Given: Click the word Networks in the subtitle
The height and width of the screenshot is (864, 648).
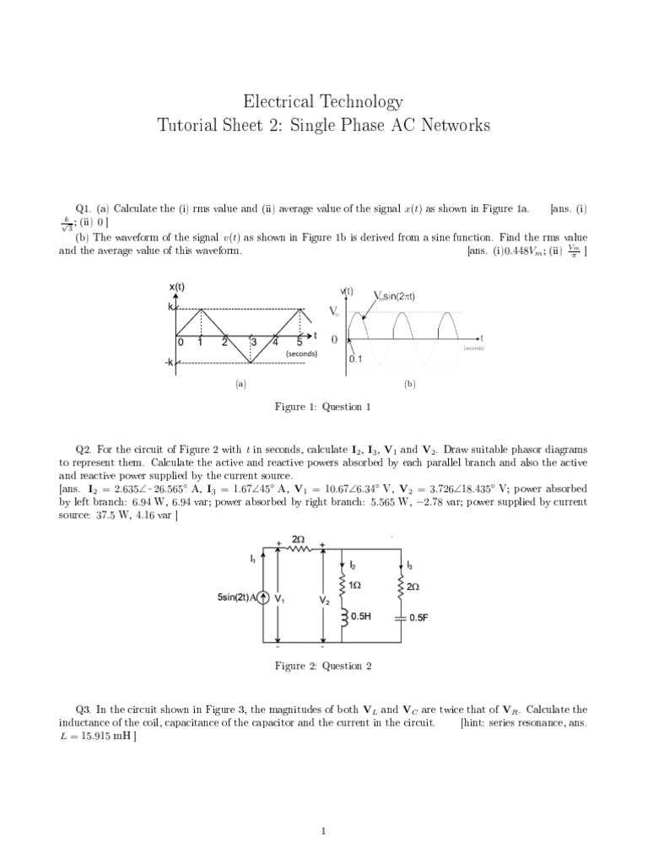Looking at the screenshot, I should click(452, 127).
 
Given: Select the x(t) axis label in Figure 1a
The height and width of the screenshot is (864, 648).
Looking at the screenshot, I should click(177, 287).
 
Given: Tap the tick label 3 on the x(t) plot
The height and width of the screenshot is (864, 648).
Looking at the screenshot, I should click(253, 343).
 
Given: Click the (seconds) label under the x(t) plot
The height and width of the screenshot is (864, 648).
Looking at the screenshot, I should click(301, 354).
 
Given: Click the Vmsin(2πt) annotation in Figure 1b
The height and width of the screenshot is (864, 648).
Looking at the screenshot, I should click(394, 295).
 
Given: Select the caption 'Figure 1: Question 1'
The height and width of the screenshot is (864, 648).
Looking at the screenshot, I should click(323, 407).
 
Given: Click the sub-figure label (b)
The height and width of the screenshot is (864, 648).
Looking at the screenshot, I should click(410, 383).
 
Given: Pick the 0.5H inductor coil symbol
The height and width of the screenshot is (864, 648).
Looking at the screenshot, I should click(343, 616).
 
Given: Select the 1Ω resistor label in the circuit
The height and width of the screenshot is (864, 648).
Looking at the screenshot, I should click(355, 584).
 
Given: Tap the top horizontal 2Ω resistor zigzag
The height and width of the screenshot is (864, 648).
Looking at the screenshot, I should click(299, 548).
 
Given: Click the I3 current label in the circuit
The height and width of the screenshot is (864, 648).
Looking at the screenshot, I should click(411, 564).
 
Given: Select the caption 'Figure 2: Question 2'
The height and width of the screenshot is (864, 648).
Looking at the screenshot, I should click(323, 667).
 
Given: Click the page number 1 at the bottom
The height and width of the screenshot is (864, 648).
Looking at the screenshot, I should click(324, 831).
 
